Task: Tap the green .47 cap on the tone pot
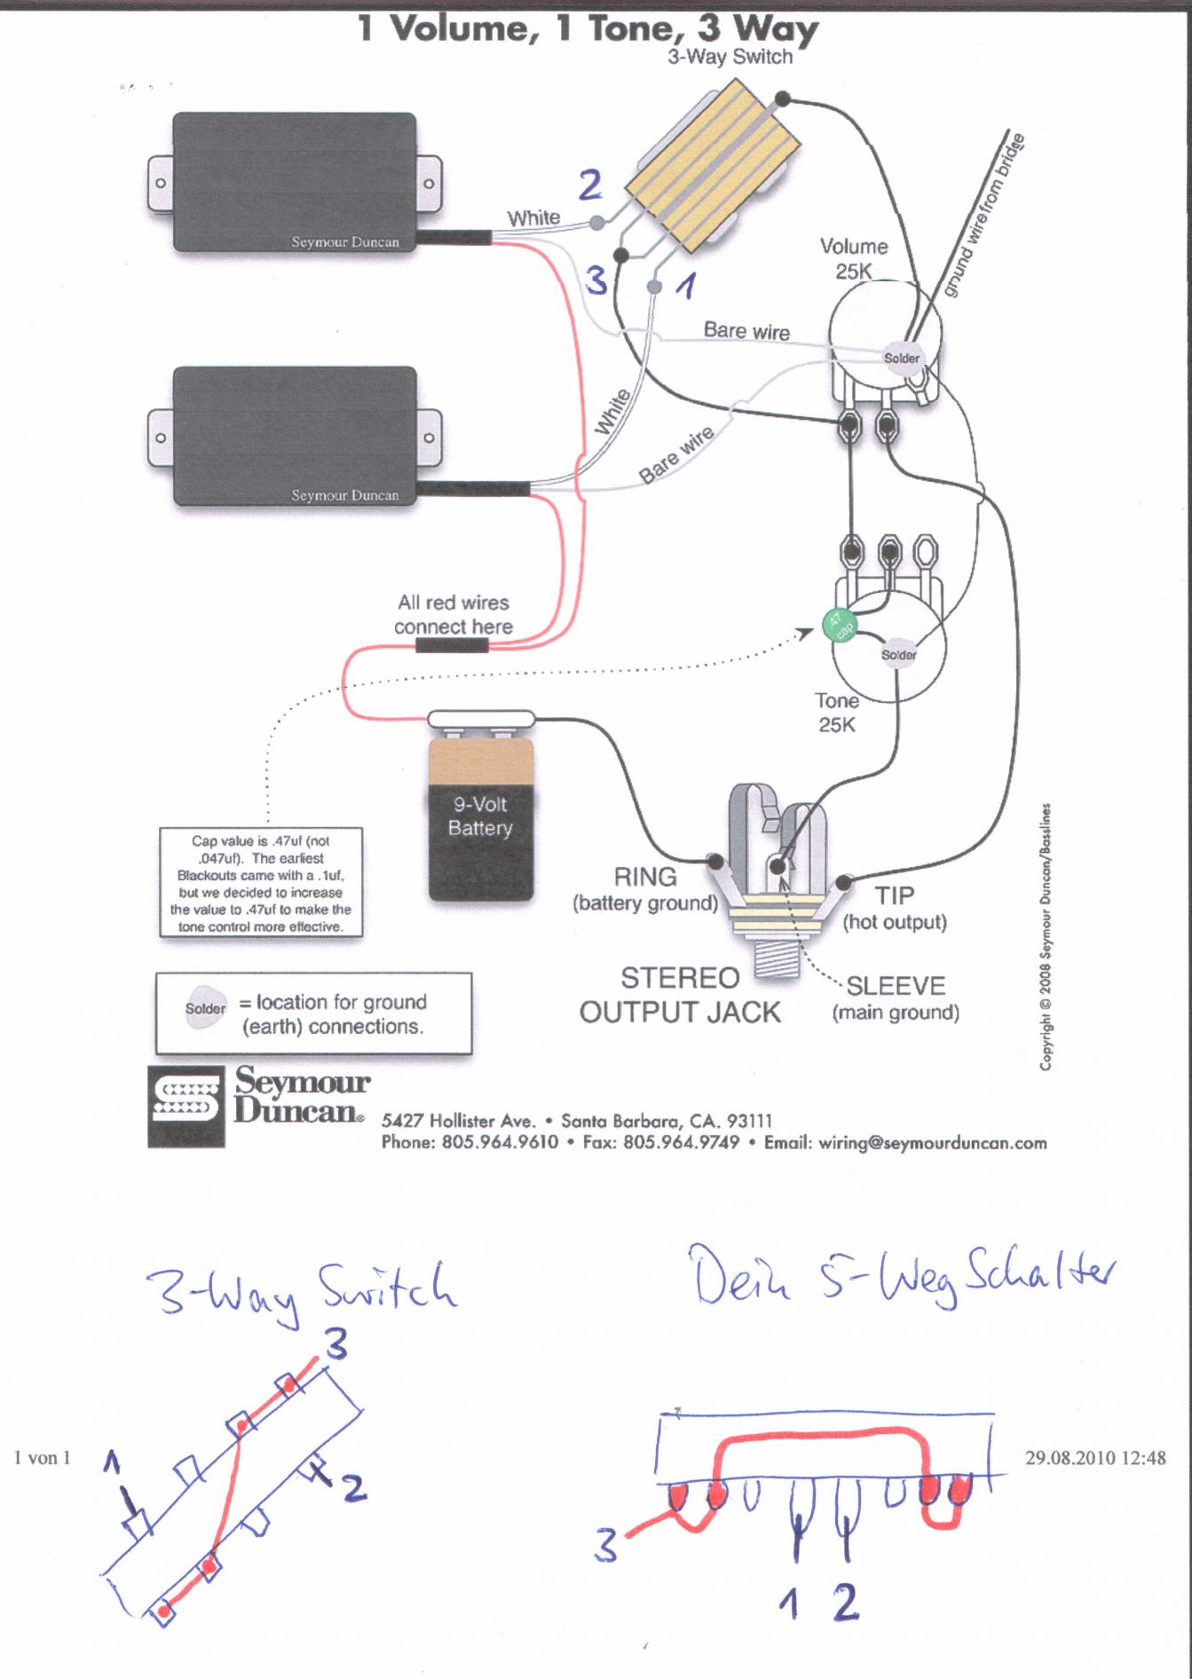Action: tap(838, 625)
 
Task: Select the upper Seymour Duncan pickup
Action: tap(294, 182)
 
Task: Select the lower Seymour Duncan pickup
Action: tap(294, 436)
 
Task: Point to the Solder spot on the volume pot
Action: tap(901, 359)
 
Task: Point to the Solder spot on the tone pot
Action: tap(898, 655)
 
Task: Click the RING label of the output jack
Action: tap(645, 877)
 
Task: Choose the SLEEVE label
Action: tap(896, 986)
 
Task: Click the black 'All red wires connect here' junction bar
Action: tap(452, 645)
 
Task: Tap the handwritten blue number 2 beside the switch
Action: tap(590, 185)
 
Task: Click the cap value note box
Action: tap(261, 883)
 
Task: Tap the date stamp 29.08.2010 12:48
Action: tap(1094, 1457)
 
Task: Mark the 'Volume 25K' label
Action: tap(853, 258)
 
